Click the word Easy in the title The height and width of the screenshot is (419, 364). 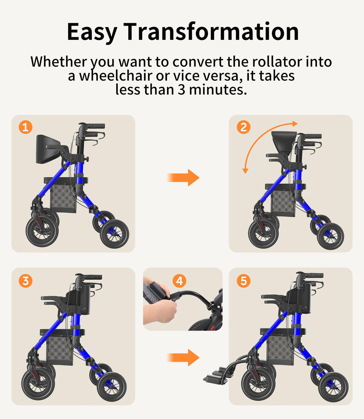92,32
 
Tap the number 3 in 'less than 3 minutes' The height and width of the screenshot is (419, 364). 181,89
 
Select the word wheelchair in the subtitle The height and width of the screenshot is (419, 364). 115,76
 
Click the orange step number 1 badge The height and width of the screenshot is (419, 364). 25,127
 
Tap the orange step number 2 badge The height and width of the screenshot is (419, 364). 243,127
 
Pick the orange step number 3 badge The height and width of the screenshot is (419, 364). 25,281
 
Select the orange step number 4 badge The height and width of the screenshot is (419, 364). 179,281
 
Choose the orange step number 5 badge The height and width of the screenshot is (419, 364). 243,281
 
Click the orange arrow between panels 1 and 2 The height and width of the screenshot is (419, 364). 183,177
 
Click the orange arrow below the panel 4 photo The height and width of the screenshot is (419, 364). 183,357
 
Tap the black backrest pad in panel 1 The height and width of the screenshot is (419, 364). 47,149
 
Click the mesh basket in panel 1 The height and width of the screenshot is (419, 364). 63,198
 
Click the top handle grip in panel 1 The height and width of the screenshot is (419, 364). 95,126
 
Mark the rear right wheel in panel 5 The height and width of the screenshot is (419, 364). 333,387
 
